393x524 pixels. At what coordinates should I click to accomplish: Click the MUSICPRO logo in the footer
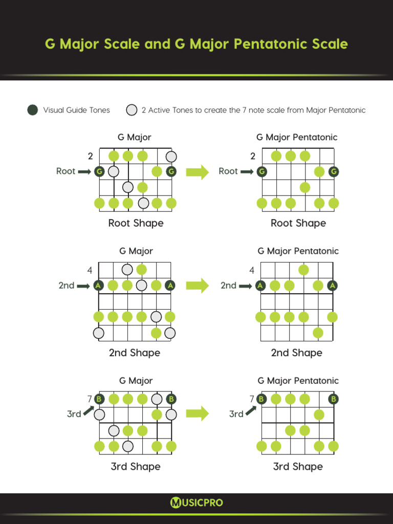(196, 503)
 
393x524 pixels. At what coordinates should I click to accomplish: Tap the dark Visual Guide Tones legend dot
(33, 110)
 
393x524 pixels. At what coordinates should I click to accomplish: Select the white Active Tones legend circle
(132, 110)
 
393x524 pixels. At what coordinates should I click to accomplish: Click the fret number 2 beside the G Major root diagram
(90, 156)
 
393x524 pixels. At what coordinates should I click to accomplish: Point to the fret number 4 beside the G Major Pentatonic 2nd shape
(252, 270)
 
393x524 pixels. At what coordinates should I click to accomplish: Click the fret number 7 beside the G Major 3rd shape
(90, 399)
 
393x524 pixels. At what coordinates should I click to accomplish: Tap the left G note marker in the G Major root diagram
(99, 171)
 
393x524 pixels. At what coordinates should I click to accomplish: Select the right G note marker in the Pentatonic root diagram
(334, 171)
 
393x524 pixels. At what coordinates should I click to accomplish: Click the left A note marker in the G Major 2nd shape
(98, 286)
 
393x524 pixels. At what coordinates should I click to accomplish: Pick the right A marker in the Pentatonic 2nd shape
(333, 286)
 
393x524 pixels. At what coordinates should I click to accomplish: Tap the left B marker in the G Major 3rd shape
(99, 399)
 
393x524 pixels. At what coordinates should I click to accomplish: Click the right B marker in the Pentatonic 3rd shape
(334, 399)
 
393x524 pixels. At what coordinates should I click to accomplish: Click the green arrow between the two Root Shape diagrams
(198, 172)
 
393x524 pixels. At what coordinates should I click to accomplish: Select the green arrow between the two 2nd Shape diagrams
(198, 286)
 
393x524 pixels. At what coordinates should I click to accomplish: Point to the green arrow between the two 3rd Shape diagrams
(198, 412)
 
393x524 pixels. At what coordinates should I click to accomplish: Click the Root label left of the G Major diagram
(65, 171)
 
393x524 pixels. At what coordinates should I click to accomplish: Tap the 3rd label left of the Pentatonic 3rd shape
(236, 414)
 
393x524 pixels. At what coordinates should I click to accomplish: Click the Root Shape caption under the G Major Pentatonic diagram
(298, 223)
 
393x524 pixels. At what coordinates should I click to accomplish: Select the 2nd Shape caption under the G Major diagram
(135, 353)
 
